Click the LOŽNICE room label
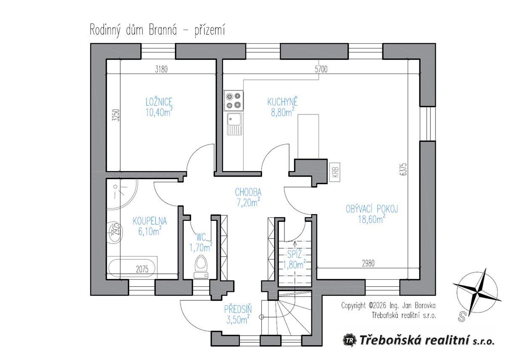(x=159, y=102)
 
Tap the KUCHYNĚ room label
(x=283, y=102)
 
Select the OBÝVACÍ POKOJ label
(x=372, y=209)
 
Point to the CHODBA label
(x=248, y=192)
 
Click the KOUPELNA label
(x=150, y=221)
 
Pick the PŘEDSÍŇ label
(x=238, y=309)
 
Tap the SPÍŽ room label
(x=294, y=254)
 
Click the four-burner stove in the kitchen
(x=233, y=101)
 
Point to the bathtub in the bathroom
(x=132, y=268)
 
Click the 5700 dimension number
(x=321, y=69)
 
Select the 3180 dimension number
(x=161, y=69)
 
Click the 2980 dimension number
(x=368, y=264)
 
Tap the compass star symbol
(x=477, y=293)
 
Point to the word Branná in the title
(x=163, y=30)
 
